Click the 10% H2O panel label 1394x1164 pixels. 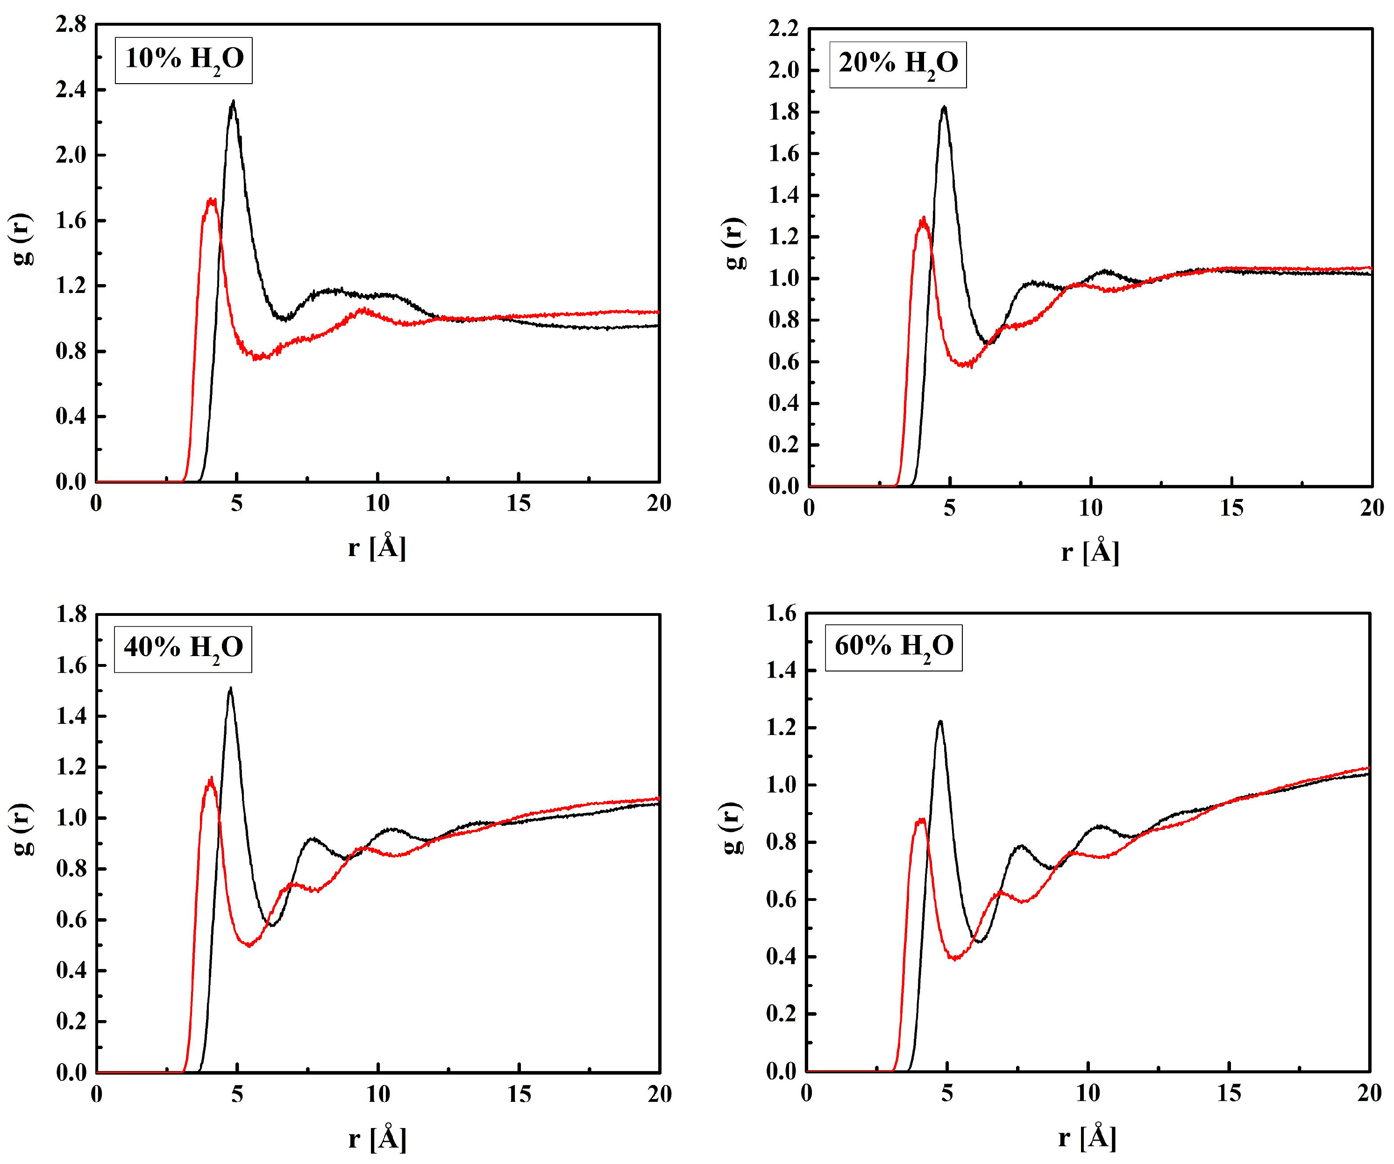point(184,60)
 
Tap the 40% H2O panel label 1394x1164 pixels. point(183,649)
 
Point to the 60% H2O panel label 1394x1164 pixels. point(894,647)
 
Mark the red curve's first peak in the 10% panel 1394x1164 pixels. point(211,199)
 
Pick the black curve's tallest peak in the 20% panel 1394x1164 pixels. point(944,107)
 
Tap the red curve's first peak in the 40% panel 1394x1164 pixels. point(210,778)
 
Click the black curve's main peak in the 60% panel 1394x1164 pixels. point(940,722)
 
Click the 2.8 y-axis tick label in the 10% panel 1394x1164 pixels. point(71,25)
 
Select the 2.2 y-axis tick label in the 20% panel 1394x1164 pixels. point(784,29)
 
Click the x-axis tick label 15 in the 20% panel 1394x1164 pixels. point(1231,508)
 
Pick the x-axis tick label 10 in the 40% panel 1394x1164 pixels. point(378,1093)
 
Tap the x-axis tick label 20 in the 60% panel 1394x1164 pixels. point(1369,1093)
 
